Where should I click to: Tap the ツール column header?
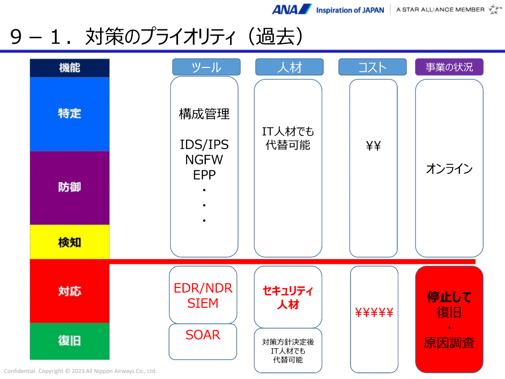point(206,67)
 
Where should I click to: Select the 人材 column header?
point(289,67)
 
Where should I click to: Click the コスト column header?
point(372,67)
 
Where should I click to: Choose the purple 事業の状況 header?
point(449,67)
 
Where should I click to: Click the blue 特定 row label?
point(69,114)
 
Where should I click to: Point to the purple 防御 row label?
point(69,187)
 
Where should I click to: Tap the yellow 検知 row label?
point(69,242)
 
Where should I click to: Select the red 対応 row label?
point(69,291)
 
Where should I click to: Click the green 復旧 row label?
point(69,341)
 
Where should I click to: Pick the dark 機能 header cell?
point(69,67)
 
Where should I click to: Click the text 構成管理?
point(204,114)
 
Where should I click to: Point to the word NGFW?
point(204,160)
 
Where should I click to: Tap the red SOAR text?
point(203,335)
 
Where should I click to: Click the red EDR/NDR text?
point(203,288)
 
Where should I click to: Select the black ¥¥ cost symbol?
point(373,146)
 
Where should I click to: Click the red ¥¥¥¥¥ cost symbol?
point(374,312)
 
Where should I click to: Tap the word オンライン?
point(449,169)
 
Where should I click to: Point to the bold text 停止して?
point(449,297)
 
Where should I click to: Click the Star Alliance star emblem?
point(495,9)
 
